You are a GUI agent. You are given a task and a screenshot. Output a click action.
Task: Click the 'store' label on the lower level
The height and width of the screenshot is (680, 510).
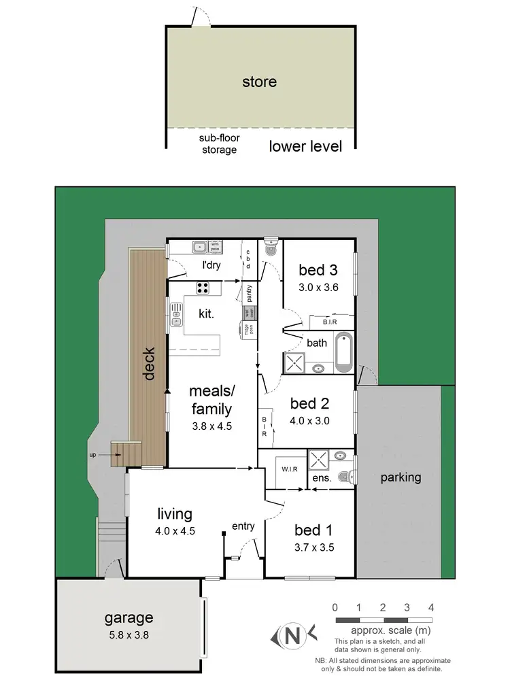click(260, 82)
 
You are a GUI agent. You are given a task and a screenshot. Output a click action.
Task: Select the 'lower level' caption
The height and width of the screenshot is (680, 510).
click(305, 146)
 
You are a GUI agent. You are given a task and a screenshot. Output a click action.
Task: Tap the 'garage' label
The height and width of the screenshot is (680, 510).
click(129, 618)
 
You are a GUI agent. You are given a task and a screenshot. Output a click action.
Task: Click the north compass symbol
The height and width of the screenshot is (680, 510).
click(292, 636)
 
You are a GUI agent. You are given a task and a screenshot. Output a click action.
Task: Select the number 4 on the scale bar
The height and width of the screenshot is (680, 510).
click(431, 607)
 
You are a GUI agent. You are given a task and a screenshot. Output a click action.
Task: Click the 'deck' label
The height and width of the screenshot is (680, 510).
click(150, 364)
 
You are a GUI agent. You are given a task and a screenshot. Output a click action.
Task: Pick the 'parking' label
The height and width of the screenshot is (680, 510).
click(401, 477)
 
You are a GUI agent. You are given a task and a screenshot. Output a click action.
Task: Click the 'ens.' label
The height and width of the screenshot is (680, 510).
click(322, 479)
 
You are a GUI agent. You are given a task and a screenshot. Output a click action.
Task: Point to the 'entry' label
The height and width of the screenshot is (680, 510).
click(243, 526)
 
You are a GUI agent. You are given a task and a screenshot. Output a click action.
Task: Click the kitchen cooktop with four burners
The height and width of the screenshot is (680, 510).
click(203, 288)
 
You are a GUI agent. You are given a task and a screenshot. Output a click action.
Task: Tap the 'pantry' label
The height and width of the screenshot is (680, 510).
click(250, 294)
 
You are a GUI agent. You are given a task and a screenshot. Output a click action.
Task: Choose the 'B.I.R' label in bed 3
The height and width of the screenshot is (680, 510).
click(330, 322)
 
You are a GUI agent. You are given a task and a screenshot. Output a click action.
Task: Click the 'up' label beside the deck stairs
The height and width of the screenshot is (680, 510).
click(101, 454)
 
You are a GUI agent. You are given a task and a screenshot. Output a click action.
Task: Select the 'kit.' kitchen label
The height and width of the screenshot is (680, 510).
click(207, 313)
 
